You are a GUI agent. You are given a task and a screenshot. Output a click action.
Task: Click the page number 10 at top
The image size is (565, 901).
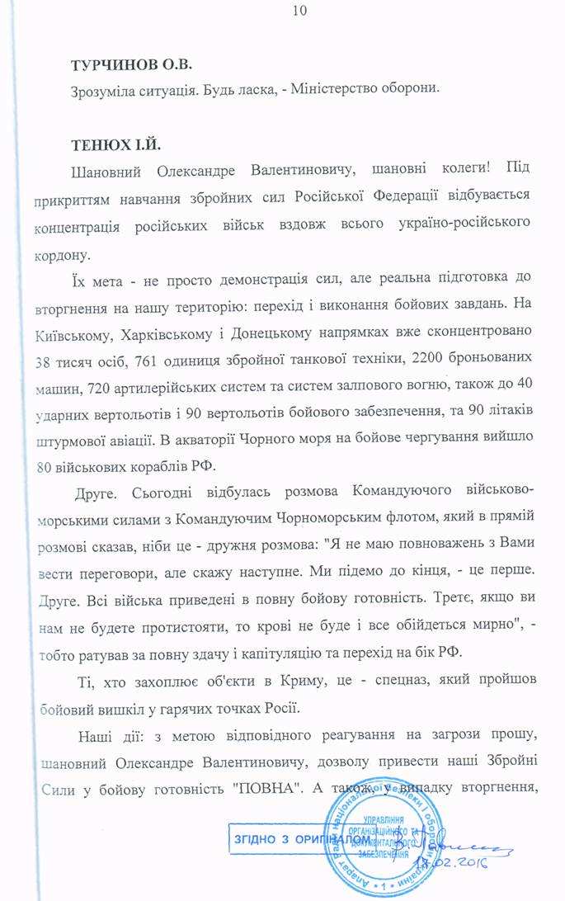[299, 11]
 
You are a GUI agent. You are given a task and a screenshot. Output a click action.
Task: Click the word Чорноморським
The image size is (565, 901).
[358, 516]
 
